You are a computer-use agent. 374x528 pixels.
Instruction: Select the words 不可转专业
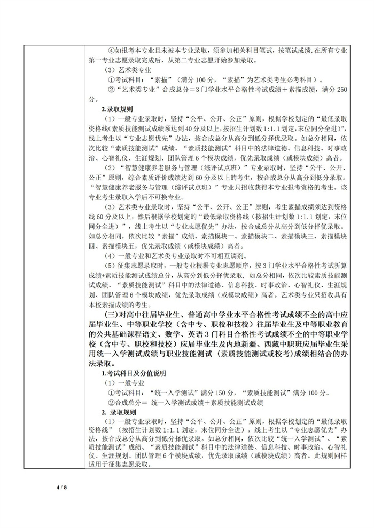tap(160, 197)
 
